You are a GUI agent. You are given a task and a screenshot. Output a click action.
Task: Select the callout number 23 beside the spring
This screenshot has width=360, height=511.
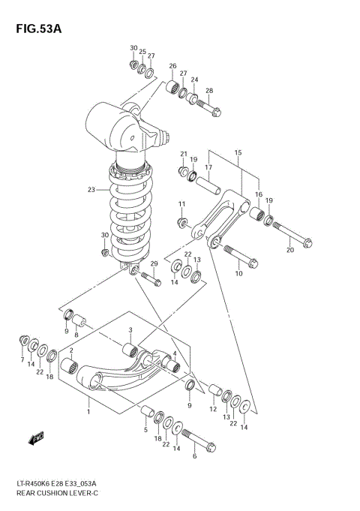pyautogui.click(x=91, y=190)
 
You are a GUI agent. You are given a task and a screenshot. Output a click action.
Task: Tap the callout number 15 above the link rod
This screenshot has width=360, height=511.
pyautogui.click(x=237, y=153)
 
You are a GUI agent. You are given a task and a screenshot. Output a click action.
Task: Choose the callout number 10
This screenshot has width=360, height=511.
pyautogui.click(x=239, y=274)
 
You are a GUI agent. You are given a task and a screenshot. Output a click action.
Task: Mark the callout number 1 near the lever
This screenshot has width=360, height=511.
pyautogui.click(x=88, y=411)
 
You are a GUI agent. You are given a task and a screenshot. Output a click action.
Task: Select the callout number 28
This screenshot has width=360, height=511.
pyautogui.click(x=209, y=91)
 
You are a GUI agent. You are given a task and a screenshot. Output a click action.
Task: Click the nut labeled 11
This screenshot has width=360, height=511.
pyautogui.click(x=182, y=222)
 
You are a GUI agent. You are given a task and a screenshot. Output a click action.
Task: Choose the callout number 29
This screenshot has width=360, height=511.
pyautogui.click(x=153, y=264)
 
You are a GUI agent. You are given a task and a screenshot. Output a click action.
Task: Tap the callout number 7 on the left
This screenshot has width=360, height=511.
pyautogui.click(x=22, y=361)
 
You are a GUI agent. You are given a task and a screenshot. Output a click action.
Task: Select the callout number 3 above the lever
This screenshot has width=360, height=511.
pyautogui.click(x=130, y=329)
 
